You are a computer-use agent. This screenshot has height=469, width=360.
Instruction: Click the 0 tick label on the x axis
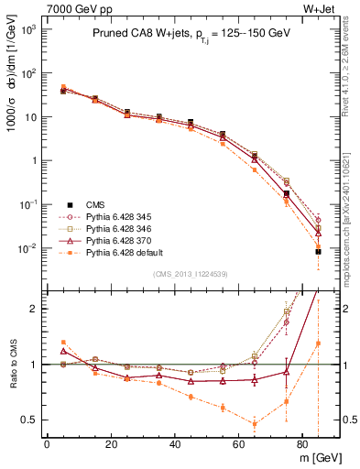[x=47, y=443]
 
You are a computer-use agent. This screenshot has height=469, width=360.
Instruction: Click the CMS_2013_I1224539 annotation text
[x=191, y=272]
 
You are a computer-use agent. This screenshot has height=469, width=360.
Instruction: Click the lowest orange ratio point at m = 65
[x=254, y=423]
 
